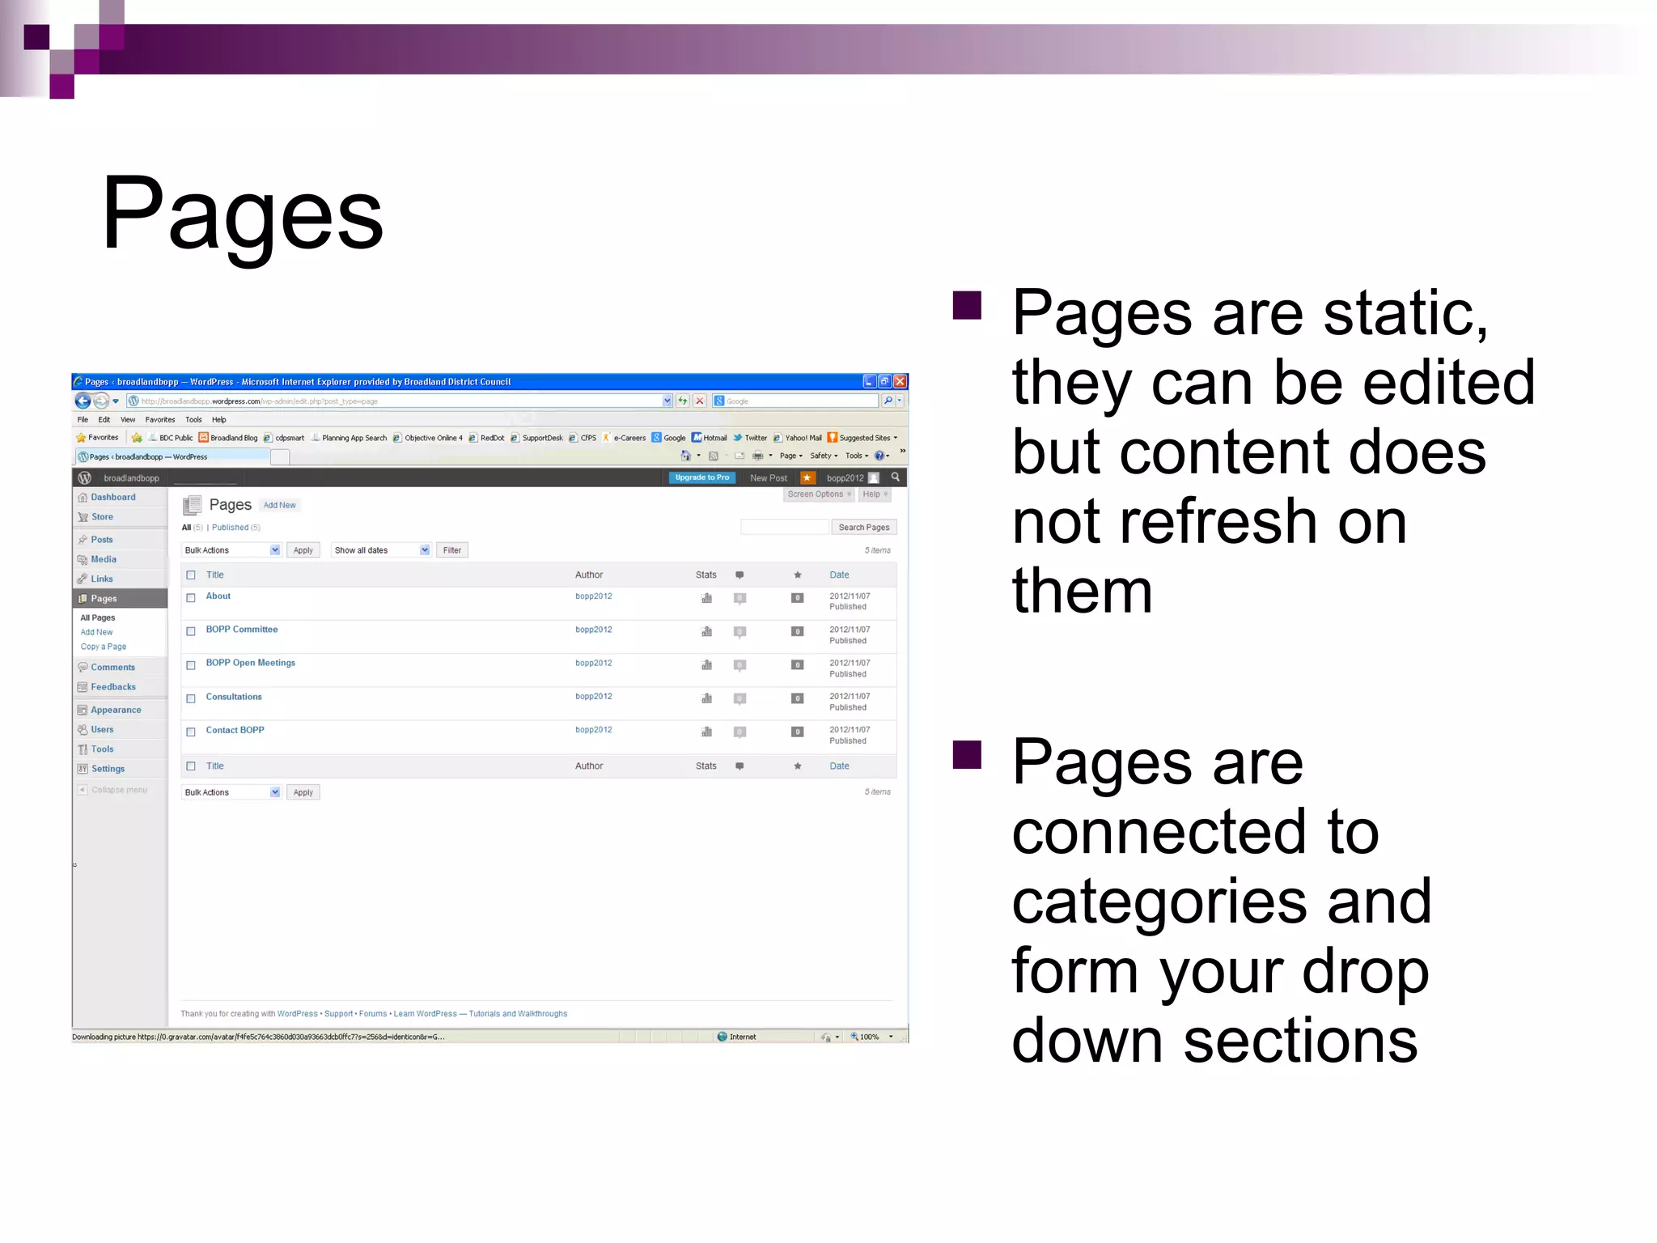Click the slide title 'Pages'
coord(242,214)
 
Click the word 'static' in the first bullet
coord(1405,313)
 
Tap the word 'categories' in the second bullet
coord(1159,901)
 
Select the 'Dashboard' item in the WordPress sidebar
coord(112,497)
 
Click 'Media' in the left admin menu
coord(104,559)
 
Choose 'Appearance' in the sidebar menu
coord(116,710)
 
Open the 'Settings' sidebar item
coord(108,769)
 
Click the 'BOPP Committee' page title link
coord(241,630)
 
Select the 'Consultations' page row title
coord(234,697)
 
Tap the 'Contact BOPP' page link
coord(235,730)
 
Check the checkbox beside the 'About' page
coord(191,598)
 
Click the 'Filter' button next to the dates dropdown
coord(451,550)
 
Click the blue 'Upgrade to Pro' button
coord(701,477)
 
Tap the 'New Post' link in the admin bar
coord(768,478)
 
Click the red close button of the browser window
coord(900,381)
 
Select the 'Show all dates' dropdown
coord(380,550)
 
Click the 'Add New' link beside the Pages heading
coord(279,505)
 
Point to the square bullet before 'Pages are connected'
coord(967,754)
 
